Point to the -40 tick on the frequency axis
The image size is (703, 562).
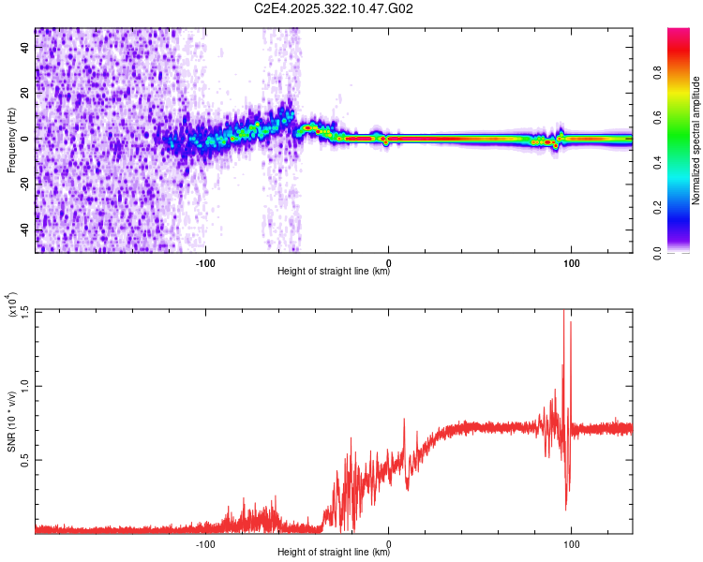25,229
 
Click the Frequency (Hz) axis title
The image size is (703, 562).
11,140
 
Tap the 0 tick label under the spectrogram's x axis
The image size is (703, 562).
388,261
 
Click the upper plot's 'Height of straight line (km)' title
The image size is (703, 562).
334,272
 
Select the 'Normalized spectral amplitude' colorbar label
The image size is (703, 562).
696,140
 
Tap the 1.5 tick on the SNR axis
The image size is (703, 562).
23,311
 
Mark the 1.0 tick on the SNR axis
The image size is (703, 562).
23,385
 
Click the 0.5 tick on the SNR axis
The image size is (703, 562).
23,459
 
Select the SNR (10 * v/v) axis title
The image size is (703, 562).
11,422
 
